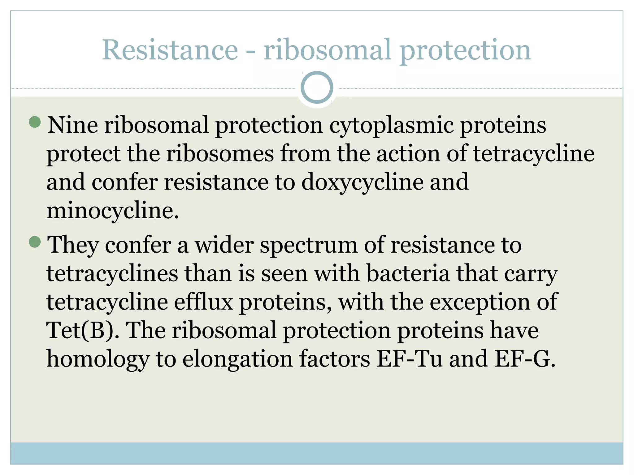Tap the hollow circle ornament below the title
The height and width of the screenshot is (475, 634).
point(317,87)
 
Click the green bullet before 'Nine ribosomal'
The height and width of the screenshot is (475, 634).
point(35,122)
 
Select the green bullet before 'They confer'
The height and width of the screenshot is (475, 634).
point(35,242)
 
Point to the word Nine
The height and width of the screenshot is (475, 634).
point(72,125)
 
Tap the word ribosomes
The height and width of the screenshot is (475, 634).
point(220,154)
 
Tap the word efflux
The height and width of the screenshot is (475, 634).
point(203,302)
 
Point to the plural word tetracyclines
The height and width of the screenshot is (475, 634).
point(112,273)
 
